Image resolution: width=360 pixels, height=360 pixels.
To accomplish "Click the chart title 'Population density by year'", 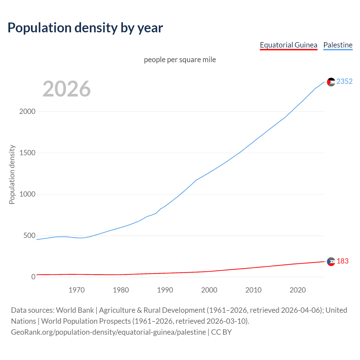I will [85, 28].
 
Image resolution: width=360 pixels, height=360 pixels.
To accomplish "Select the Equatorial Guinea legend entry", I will [288, 45].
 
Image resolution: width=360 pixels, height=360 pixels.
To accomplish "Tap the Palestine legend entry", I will [338, 45].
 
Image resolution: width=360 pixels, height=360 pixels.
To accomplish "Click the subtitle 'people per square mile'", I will [180, 60].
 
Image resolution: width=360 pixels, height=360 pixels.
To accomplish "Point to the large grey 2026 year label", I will [67, 89].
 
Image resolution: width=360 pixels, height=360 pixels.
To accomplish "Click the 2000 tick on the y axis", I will [27, 111].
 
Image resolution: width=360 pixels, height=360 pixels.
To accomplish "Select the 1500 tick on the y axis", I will [27, 153].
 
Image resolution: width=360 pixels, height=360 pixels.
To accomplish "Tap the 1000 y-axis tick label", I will [27, 194].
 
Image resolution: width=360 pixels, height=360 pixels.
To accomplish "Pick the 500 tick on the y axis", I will [29, 235].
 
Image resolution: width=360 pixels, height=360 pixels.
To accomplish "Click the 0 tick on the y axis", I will [33, 277].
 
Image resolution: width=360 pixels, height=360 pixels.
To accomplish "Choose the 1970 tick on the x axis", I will [76, 290].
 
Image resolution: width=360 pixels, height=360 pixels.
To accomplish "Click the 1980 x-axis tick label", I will [121, 290].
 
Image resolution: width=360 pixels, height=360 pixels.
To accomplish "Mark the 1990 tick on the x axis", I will [165, 290].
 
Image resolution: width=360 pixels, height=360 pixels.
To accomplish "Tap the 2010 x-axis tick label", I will [253, 290].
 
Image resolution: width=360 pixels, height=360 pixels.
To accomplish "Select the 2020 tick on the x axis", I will [298, 290].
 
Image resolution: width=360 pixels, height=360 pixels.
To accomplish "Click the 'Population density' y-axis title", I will [12, 174].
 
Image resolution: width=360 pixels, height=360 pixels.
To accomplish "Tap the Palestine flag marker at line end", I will [331, 82].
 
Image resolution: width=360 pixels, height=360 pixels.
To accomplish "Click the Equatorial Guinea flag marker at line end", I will [331, 262].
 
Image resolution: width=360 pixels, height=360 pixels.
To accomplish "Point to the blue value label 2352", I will [344, 81].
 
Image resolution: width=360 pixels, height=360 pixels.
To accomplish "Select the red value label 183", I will [342, 261].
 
